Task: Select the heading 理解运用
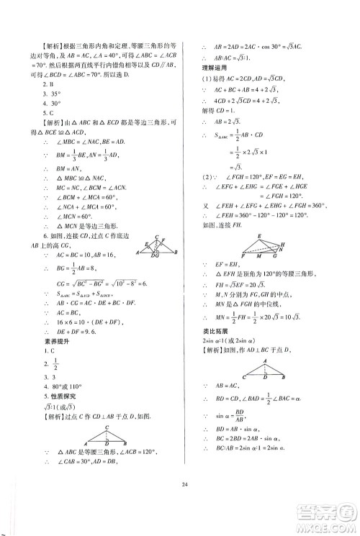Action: (x=215, y=67)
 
